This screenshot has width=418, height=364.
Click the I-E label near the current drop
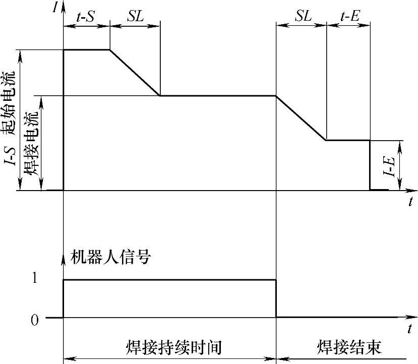point(388,165)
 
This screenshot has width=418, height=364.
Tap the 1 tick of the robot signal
point(34,280)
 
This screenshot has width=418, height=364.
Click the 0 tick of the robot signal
point(34,319)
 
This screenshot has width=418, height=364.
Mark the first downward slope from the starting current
point(135,73)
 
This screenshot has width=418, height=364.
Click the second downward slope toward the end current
point(302,118)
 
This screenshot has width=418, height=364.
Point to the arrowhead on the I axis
point(64,11)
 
